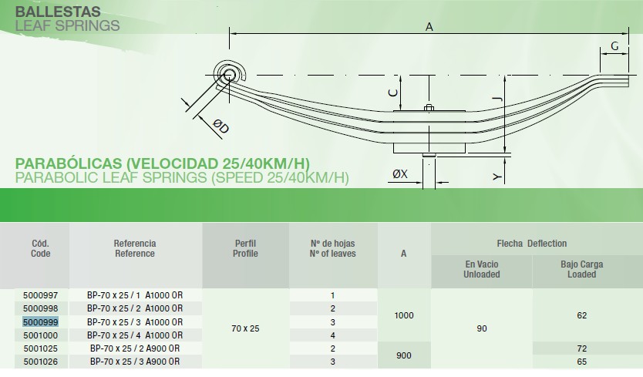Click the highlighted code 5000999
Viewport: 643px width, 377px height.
(40, 322)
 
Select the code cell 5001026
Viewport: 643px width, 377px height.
(41, 362)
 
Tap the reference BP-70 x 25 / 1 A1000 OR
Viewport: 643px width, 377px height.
(135, 295)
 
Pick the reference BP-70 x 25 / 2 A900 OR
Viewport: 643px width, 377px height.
(135, 348)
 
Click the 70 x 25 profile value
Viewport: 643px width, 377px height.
(245, 328)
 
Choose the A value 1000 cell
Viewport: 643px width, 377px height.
(404, 315)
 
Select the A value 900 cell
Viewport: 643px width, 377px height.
(404, 355)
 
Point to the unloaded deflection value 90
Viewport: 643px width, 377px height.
(482, 328)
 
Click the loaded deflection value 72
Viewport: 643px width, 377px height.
(581, 348)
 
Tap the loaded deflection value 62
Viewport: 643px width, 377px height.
(581, 315)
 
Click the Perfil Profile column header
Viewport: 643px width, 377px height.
(245, 248)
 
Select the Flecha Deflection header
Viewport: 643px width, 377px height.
(532, 244)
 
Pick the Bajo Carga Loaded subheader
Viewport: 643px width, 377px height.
(581, 269)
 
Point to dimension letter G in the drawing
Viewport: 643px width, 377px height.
(614, 46)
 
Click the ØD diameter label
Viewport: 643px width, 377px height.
(221, 126)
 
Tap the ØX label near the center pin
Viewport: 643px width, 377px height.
(400, 174)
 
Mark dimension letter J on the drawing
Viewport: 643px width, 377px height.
(497, 99)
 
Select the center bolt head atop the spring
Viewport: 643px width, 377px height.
(429, 108)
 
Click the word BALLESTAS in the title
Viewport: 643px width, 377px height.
(58, 11)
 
